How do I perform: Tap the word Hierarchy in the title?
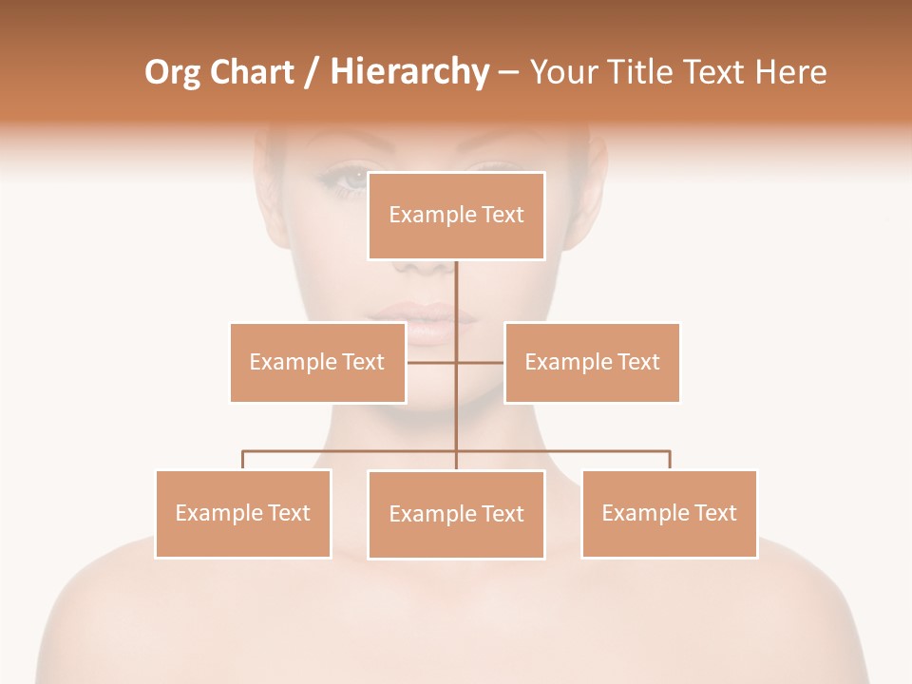click(x=408, y=72)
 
